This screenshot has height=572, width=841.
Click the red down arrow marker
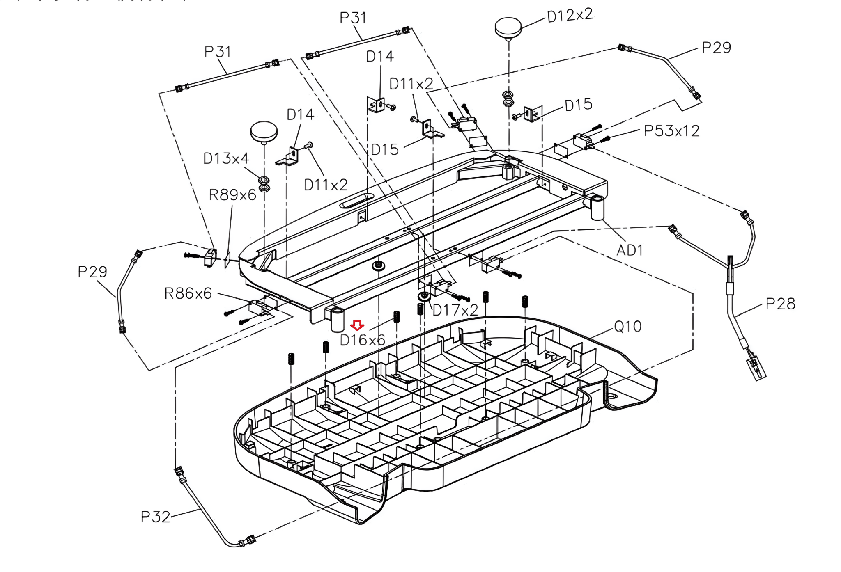tap(357, 325)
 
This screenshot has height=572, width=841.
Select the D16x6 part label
tap(363, 340)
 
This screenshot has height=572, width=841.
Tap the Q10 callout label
tap(627, 327)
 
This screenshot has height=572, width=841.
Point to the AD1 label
tap(630, 250)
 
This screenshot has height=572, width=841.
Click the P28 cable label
tap(781, 304)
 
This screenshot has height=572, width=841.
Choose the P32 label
tap(155, 517)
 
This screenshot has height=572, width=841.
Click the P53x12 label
tap(671, 131)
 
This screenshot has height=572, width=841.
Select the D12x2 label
tap(570, 16)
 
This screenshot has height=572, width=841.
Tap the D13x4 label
tap(226, 158)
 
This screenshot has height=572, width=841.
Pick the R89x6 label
tap(232, 194)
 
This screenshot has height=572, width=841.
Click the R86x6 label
tap(188, 293)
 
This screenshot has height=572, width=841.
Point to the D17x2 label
tap(455, 310)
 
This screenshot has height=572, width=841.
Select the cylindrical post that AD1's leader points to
tap(598, 208)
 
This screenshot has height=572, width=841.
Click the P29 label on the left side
tap(92, 272)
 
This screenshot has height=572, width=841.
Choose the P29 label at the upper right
tap(717, 48)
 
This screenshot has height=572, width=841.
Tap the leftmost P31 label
tap(218, 52)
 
